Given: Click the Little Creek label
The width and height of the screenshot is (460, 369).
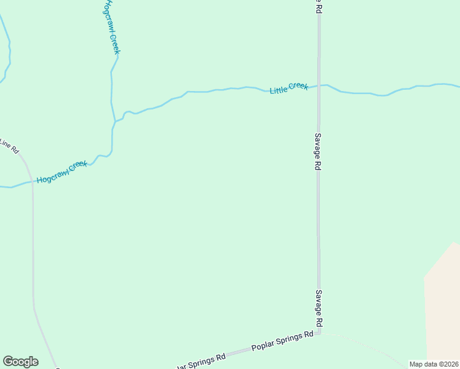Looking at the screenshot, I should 288,88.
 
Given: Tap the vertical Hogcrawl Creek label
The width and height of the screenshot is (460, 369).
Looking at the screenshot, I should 111,27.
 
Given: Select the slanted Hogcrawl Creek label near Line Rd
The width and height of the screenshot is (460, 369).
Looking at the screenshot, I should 61,172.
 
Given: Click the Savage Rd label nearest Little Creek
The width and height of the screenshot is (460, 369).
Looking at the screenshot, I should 318,151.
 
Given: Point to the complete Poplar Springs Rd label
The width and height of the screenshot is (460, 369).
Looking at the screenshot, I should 282,342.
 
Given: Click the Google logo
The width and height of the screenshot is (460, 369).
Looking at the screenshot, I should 20,362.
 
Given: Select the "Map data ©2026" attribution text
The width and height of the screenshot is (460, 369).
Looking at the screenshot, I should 433,364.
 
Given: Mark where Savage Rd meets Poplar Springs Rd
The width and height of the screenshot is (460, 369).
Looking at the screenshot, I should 319,334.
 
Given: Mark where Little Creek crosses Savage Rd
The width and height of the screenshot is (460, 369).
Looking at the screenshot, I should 319,85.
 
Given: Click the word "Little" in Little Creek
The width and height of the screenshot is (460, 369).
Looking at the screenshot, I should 279,90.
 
